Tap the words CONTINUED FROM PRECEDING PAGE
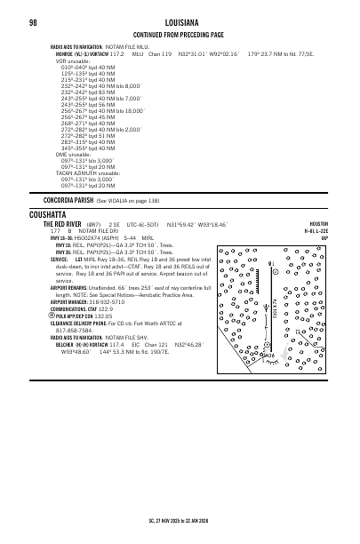[180, 34]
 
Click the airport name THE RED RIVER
[63, 224]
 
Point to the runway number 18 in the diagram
[270, 263]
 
